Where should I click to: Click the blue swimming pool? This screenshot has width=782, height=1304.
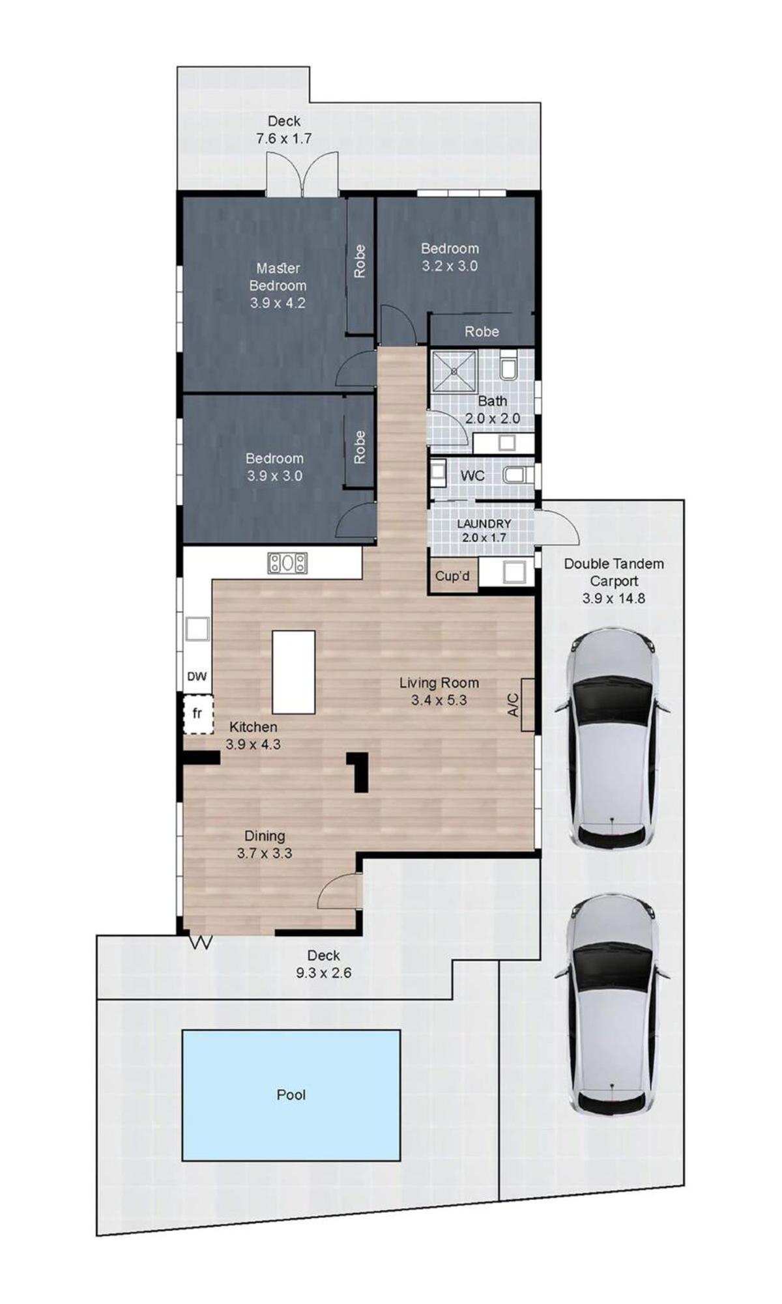[x=291, y=1095]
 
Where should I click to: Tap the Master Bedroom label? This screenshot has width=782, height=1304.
[x=278, y=277]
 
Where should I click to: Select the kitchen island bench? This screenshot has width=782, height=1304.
[x=293, y=672]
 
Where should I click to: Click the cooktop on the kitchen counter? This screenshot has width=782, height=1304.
[x=287, y=563]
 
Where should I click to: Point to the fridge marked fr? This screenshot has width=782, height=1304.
[x=197, y=714]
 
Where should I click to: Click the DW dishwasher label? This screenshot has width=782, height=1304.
[x=197, y=677]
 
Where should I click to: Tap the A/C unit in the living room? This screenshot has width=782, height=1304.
[x=527, y=705]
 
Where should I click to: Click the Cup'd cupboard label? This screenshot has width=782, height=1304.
[x=452, y=576]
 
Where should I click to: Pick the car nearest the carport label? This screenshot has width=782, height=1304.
[x=613, y=738]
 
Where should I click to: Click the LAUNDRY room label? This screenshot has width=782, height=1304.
[x=484, y=524]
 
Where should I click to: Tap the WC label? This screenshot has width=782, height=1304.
[x=472, y=476]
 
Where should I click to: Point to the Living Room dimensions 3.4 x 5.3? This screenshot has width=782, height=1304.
[x=439, y=700]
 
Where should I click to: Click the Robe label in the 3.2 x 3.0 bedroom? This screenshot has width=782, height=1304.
[x=482, y=332]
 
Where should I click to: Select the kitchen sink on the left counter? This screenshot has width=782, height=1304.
[x=197, y=629]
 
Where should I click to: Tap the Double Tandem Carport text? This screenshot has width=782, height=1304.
[x=614, y=573]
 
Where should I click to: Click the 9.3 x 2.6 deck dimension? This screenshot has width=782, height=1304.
[x=324, y=973]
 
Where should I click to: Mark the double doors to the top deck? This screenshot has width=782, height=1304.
[x=302, y=174]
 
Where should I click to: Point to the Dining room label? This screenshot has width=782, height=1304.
[x=265, y=836]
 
